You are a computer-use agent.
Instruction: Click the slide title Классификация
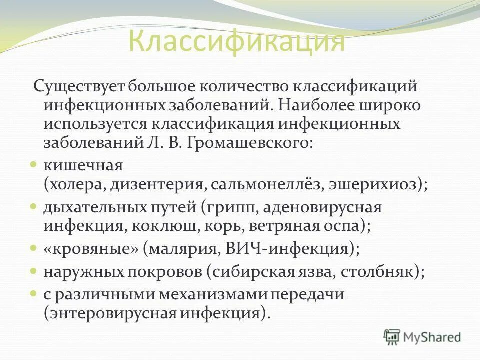click(236, 42)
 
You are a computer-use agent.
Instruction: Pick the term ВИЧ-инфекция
click(290, 248)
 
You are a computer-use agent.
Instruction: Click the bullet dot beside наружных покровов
click(34, 271)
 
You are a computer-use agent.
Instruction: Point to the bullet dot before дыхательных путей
click(34, 206)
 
